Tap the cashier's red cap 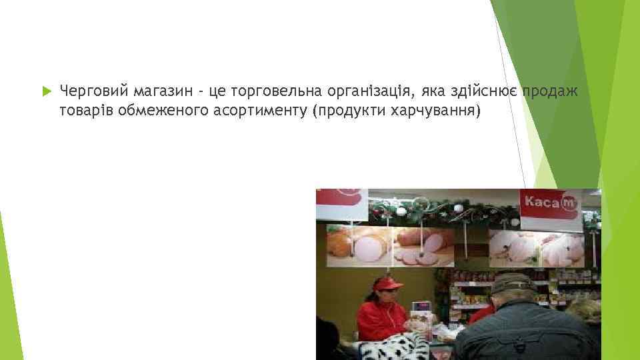[x=387, y=284]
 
